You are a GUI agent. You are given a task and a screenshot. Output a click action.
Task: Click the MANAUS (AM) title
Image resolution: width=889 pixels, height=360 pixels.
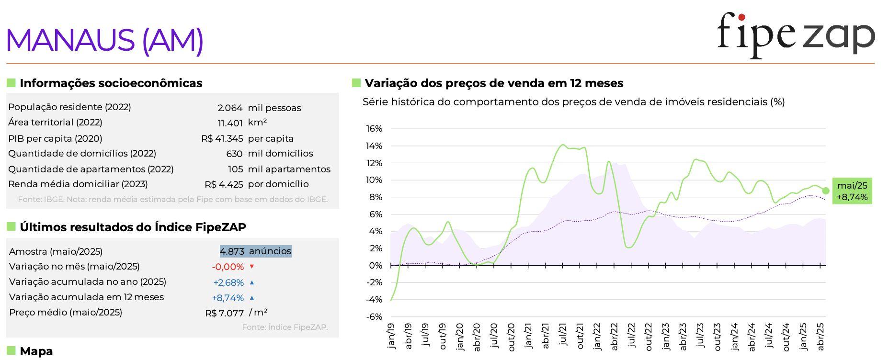click(104, 40)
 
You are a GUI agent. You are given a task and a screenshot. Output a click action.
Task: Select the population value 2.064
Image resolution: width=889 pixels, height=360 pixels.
click(230, 108)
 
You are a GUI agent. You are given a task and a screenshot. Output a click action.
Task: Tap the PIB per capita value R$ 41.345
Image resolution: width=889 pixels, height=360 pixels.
click(222, 139)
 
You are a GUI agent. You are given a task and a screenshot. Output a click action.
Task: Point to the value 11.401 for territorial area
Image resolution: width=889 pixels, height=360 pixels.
click(230, 123)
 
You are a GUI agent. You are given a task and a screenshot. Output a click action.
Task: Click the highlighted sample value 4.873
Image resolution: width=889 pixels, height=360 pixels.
click(232, 251)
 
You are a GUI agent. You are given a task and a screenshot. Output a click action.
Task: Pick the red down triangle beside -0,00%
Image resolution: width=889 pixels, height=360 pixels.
click(252, 267)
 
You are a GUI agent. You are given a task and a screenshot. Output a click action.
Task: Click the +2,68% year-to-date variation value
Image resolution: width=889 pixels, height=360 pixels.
click(228, 282)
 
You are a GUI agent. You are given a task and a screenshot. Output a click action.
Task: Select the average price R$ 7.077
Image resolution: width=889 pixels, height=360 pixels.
click(224, 313)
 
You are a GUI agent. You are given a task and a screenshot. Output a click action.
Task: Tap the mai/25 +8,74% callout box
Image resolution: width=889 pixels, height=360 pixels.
click(852, 191)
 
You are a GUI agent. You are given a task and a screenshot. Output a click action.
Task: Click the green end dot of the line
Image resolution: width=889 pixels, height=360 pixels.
click(826, 191)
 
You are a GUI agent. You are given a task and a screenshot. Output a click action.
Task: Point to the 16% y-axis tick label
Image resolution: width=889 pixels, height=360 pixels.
click(374, 129)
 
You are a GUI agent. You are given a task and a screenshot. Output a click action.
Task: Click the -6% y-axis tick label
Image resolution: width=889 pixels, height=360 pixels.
click(374, 316)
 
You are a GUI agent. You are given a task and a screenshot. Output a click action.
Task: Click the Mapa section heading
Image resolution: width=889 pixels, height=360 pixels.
click(36, 351)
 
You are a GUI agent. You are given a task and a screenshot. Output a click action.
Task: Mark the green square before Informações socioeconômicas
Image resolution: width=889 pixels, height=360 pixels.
click(11, 83)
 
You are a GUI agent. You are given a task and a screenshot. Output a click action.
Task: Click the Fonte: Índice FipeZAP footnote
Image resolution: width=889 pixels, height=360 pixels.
click(285, 327)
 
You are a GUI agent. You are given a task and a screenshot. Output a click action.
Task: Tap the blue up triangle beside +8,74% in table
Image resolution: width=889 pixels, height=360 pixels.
click(252, 298)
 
